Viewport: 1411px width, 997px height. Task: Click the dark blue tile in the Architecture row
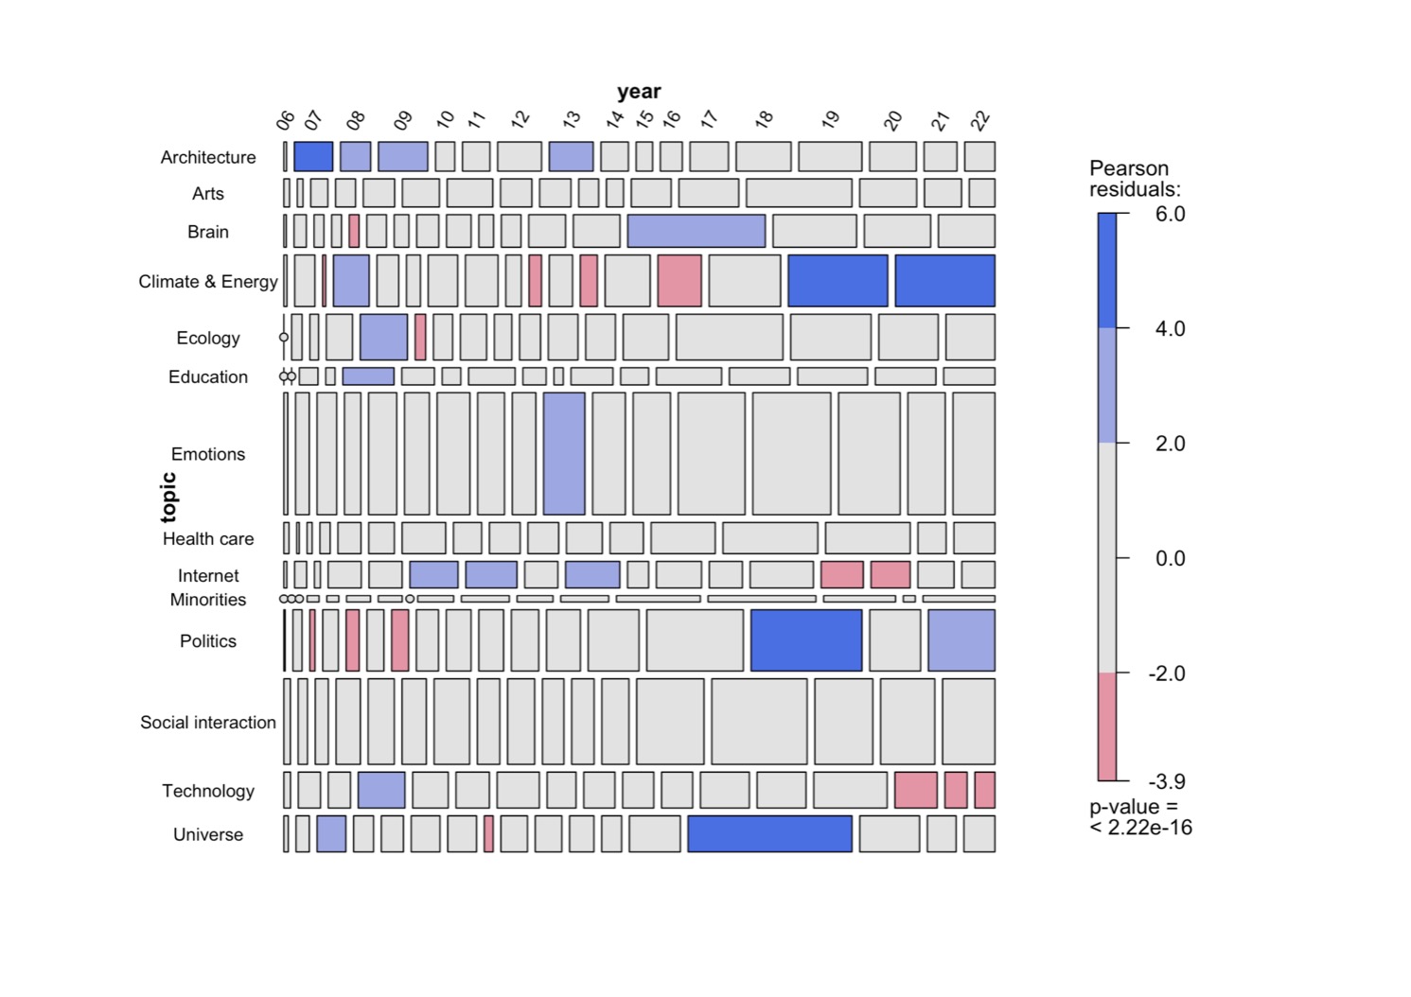point(313,156)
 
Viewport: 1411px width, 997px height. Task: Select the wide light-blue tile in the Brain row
point(696,231)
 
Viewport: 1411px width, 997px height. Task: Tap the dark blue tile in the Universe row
point(769,833)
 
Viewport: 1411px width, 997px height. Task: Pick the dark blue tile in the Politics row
point(806,640)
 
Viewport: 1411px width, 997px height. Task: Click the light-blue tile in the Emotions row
point(564,453)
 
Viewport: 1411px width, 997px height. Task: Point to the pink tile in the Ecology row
point(420,337)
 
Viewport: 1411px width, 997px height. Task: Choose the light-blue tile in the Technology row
point(381,790)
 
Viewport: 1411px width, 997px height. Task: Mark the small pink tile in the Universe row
point(488,833)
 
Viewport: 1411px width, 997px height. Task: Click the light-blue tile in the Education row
point(368,376)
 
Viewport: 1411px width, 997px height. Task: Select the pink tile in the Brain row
point(354,231)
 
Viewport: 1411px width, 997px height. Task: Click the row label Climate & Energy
point(208,281)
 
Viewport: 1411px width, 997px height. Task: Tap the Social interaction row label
point(208,722)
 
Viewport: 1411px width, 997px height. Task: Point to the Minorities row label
point(208,600)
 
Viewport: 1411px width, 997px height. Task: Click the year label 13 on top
point(571,120)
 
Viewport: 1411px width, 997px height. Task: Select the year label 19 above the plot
point(830,119)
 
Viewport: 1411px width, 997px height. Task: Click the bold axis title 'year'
point(639,92)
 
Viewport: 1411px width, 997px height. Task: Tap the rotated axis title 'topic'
point(168,497)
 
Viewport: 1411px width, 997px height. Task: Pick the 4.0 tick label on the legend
point(1170,328)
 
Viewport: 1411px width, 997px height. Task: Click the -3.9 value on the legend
point(1167,781)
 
